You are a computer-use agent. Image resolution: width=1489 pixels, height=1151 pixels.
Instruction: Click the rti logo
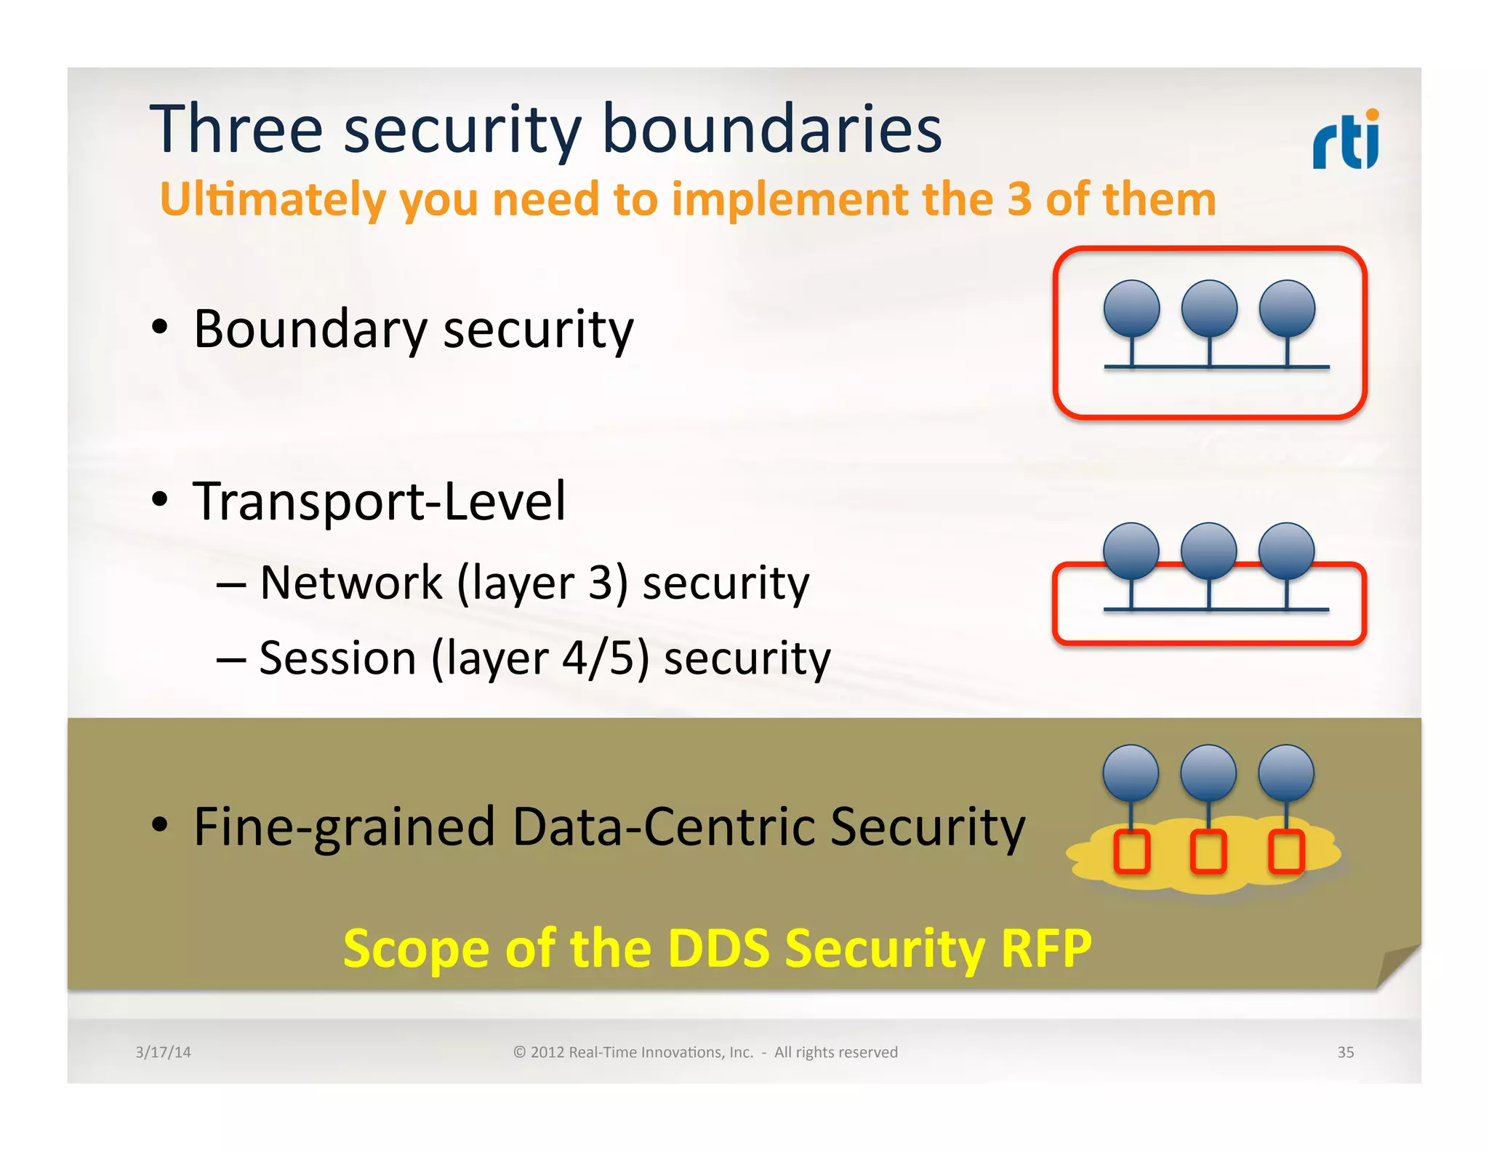pos(1345,140)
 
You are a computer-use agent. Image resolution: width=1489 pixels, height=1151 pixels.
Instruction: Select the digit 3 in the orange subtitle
pos(1019,199)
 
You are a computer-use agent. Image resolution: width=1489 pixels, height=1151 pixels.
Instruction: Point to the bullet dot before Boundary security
pos(159,327)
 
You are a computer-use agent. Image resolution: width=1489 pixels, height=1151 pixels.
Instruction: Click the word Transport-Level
pos(379,501)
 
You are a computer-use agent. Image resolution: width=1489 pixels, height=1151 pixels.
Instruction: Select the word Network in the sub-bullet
pos(351,583)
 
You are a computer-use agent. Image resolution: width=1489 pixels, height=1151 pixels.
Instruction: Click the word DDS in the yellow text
pos(718,949)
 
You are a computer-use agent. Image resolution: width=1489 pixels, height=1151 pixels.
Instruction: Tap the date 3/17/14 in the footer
pos(163,1052)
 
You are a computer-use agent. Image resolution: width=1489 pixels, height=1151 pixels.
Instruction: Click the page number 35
pos(1345,1052)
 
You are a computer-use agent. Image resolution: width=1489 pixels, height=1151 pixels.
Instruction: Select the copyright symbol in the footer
pos(519,1052)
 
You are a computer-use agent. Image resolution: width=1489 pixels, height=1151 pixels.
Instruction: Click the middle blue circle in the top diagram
pos(1209,308)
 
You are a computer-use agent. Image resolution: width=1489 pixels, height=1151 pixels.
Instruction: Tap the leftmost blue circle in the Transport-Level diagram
pos(1131,551)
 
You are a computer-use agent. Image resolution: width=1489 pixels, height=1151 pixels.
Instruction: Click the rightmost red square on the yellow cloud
pos(1286,851)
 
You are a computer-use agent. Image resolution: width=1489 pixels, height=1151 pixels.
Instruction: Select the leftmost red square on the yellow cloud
pos(1132,851)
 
